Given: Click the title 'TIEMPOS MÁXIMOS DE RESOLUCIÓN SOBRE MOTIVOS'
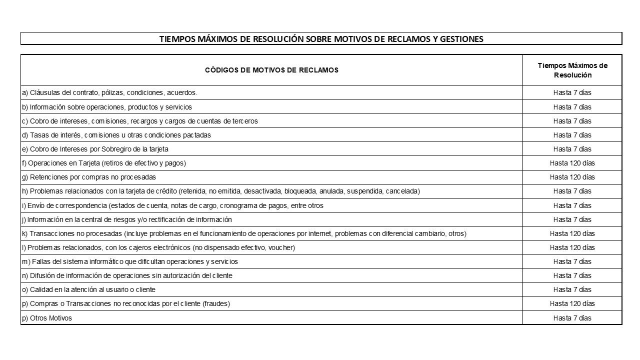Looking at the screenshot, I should pyautogui.click(x=321, y=39).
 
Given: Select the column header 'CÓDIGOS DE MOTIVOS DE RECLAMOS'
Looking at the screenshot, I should pyautogui.click(x=271, y=70).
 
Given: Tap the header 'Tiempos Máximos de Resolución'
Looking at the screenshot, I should pyautogui.click(x=572, y=70).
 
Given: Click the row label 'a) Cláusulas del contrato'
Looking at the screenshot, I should pyautogui.click(x=109, y=92).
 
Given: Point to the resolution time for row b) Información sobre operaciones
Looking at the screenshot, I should pyautogui.click(x=572, y=107).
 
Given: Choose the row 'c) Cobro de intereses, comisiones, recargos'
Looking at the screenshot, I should pyautogui.click(x=139, y=121).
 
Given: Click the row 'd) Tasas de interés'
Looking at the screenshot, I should pyautogui.click(x=116, y=135).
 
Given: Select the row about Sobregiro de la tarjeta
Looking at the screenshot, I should pyautogui.click(x=95, y=149).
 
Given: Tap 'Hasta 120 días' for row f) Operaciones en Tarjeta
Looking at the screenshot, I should pyautogui.click(x=572, y=163).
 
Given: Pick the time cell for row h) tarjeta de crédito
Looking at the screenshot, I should pyautogui.click(x=572, y=191).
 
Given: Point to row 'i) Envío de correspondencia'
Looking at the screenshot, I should pyautogui.click(x=172, y=205).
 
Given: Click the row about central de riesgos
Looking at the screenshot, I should pyautogui.click(x=126, y=219).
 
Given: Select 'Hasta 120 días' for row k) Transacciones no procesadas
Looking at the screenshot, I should pyautogui.click(x=572, y=233).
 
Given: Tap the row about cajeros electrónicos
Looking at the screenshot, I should pyautogui.click(x=158, y=247).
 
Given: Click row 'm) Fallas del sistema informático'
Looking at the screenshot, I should pyautogui.click(x=129, y=261).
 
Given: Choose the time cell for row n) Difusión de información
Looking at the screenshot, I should pyautogui.click(x=572, y=275).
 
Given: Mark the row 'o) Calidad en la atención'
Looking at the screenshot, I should pyautogui.click(x=88, y=289).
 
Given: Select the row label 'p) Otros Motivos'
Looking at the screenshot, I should pyautogui.click(x=46, y=318).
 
